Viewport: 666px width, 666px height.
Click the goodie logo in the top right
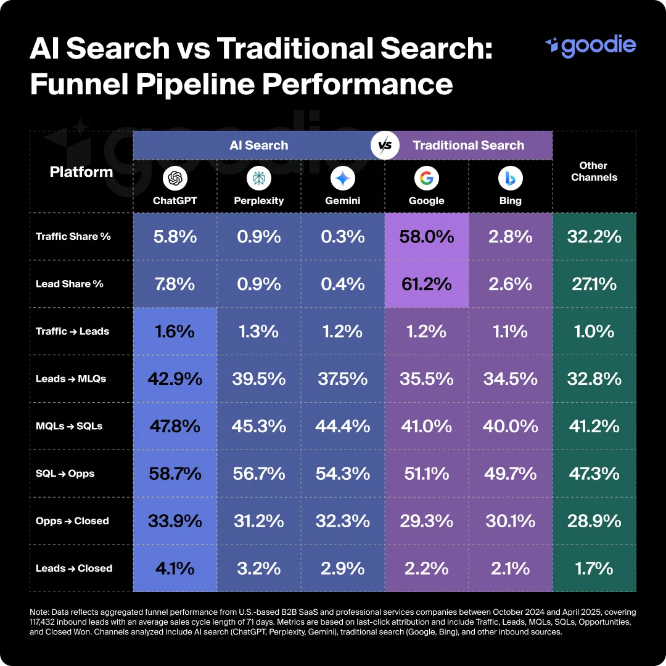click(590, 46)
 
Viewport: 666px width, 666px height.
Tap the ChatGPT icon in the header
click(175, 179)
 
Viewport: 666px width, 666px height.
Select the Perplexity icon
click(258, 179)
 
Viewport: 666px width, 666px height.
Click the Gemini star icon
click(342, 179)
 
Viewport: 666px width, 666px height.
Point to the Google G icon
click(426, 179)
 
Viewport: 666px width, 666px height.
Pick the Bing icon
click(510, 179)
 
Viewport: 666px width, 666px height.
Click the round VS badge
click(384, 146)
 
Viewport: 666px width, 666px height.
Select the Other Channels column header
click(594, 171)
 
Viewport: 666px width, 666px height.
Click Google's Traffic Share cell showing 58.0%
click(426, 236)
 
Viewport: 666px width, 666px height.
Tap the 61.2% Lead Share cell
click(426, 284)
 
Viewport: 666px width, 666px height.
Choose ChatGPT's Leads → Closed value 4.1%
click(175, 568)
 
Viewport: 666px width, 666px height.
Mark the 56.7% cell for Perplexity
click(258, 474)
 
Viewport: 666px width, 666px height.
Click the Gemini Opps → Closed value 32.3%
click(342, 521)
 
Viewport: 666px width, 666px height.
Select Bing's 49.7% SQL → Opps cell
click(510, 474)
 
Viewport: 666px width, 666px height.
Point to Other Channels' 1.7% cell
click(594, 568)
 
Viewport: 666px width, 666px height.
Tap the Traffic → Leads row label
click(72, 331)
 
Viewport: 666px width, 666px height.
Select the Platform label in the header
click(81, 171)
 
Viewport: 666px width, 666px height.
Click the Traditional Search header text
click(468, 146)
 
